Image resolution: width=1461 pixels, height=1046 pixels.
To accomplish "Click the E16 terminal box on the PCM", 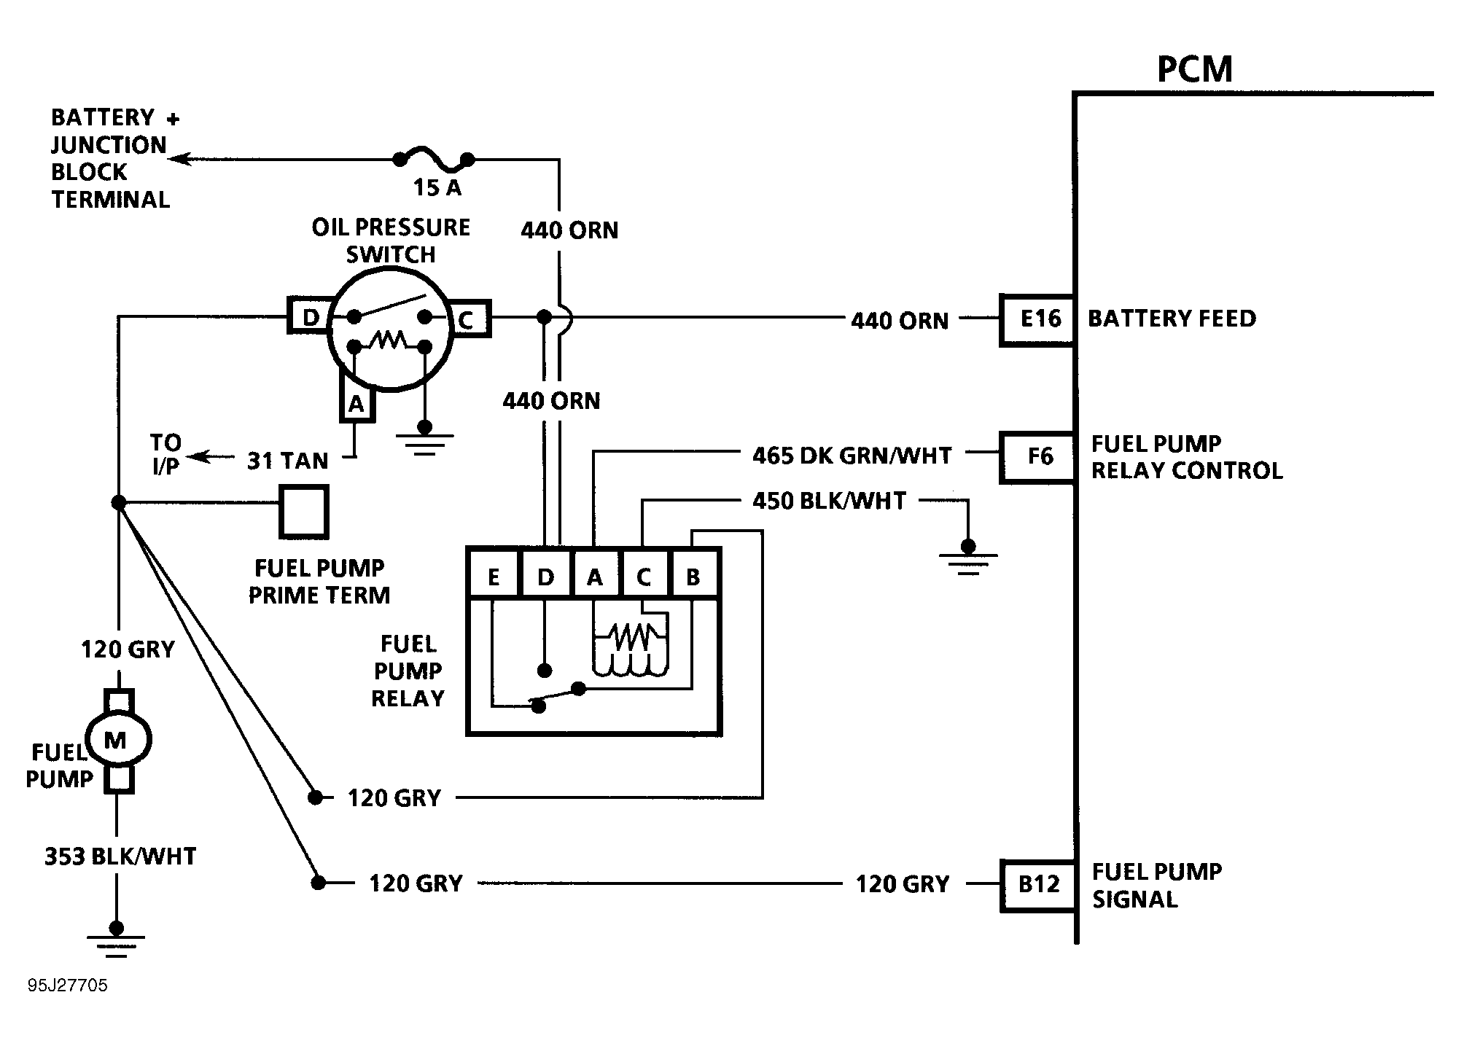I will [1038, 319].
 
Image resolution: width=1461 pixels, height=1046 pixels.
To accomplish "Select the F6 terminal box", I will [1038, 457].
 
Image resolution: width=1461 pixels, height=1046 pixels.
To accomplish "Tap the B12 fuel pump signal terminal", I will [1038, 885].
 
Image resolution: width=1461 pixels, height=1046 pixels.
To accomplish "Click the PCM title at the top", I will [1194, 70].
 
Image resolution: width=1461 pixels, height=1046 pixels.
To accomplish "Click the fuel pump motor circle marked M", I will [117, 741].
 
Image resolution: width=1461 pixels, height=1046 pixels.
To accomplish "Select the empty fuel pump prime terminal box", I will [305, 512].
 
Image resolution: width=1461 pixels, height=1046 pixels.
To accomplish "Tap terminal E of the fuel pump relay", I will [494, 577].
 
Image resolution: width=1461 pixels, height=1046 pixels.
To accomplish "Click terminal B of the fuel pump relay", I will [693, 577].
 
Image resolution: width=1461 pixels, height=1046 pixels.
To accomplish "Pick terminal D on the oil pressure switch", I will [311, 317].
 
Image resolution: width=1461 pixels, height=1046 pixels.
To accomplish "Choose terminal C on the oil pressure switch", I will [467, 319].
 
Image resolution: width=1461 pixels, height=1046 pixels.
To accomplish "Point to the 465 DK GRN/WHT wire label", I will [852, 456].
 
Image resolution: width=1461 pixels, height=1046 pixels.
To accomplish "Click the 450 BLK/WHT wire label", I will [829, 501].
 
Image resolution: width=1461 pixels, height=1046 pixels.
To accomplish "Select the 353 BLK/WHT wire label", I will [120, 856].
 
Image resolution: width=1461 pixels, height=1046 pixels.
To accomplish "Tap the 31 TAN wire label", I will [287, 461].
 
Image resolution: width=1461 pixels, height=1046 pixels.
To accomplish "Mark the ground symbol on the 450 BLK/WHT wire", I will [967, 558].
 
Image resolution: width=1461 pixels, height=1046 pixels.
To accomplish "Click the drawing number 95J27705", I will [68, 985].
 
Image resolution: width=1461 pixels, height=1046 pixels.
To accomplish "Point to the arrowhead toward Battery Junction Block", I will [179, 158].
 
